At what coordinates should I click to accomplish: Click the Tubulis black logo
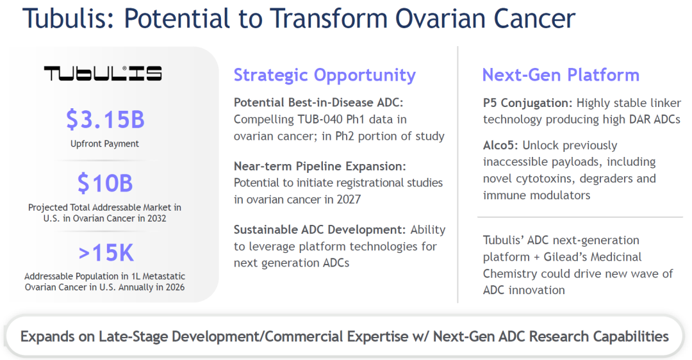click(x=103, y=73)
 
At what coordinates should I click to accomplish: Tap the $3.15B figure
click(x=105, y=119)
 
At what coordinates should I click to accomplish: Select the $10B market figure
click(x=105, y=183)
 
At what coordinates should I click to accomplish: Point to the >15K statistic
click(x=106, y=253)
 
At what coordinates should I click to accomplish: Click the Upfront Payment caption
click(x=104, y=144)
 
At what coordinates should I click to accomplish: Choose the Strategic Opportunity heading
click(x=324, y=75)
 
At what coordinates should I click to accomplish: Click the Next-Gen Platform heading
click(x=561, y=75)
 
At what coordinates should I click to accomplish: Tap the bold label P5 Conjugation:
click(x=527, y=103)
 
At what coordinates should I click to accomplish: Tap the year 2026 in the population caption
click(x=175, y=287)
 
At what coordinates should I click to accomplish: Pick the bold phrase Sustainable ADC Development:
click(x=320, y=230)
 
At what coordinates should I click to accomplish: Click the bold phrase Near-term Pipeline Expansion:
click(x=320, y=167)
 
